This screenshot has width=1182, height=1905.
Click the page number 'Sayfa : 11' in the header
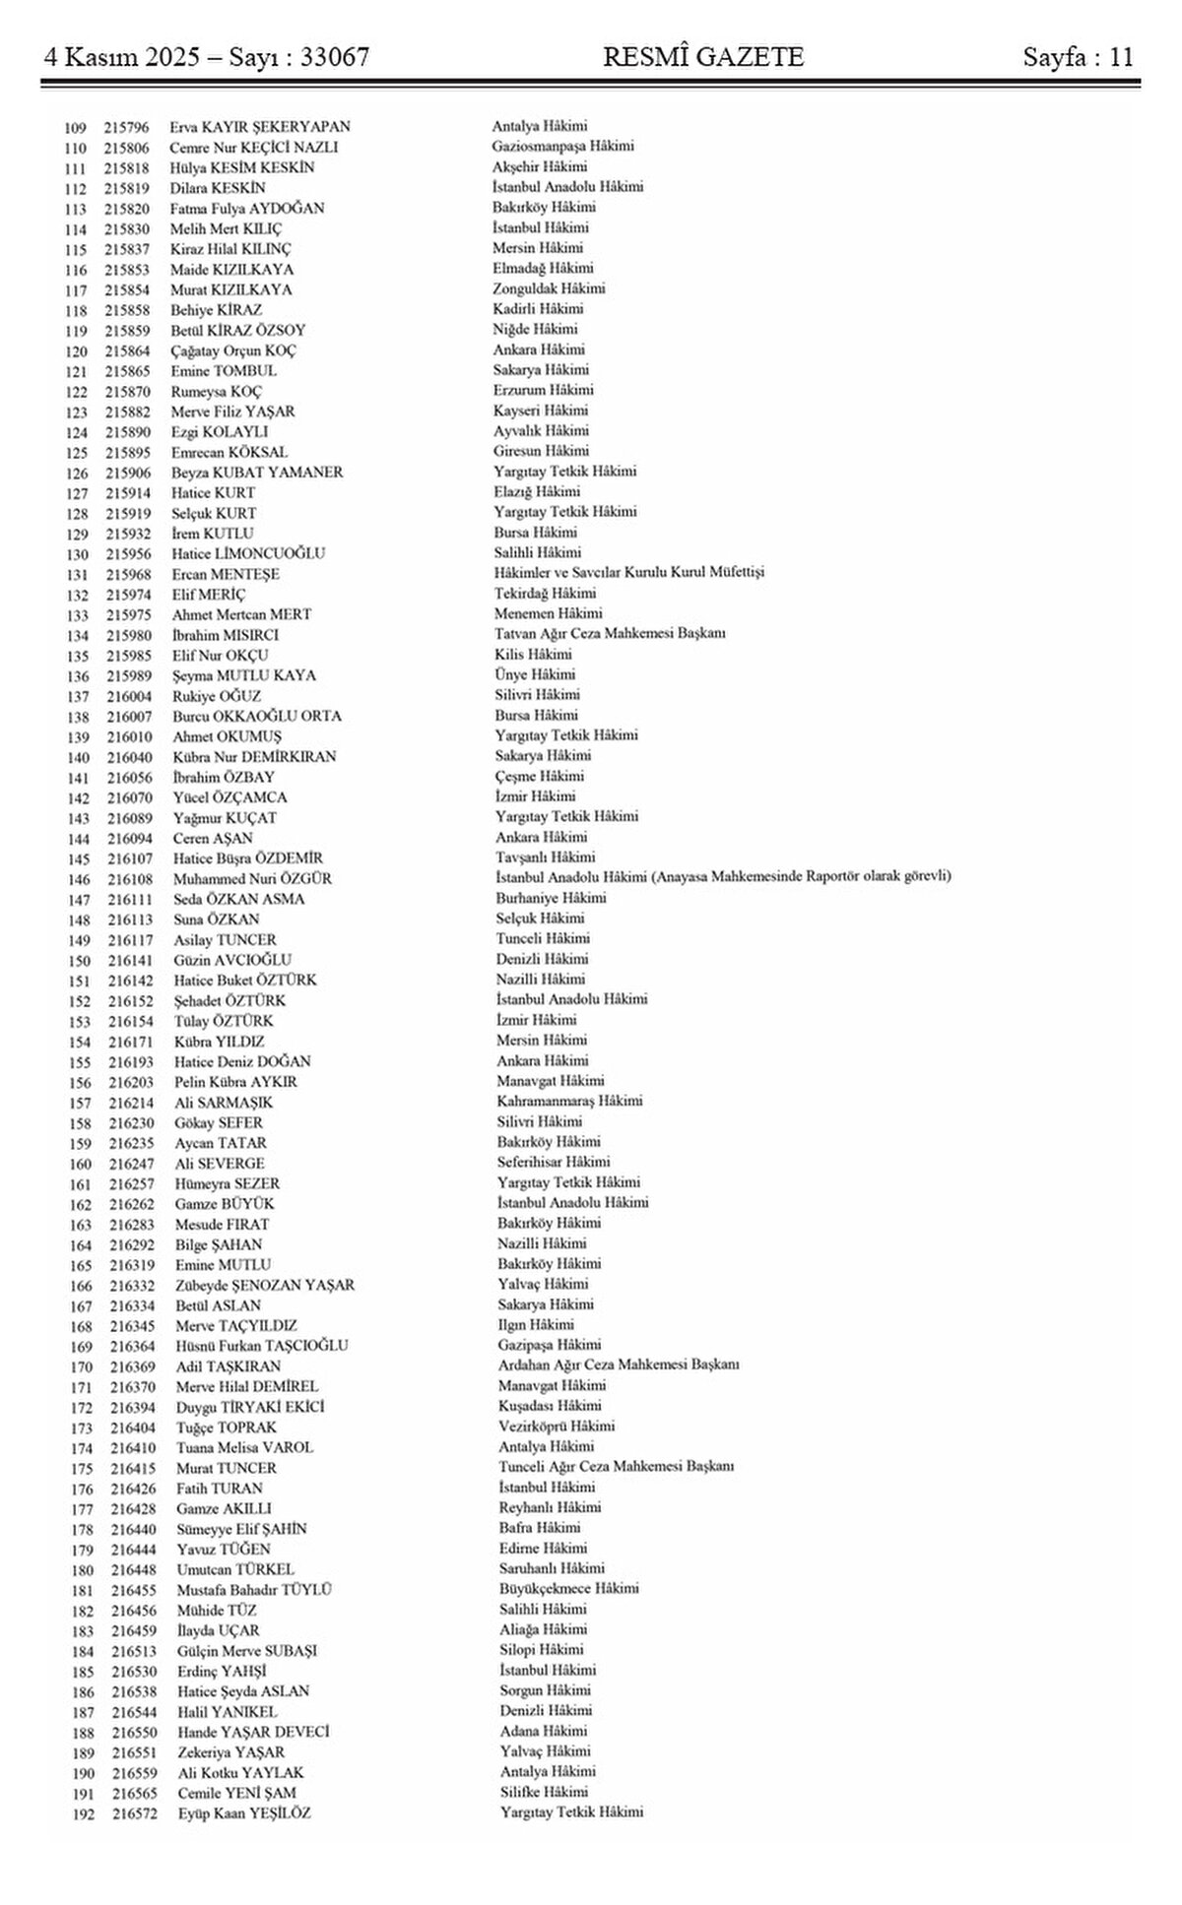click(x=1078, y=57)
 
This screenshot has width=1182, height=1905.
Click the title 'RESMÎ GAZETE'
click(x=703, y=57)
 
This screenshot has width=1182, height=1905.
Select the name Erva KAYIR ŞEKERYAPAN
click(x=260, y=127)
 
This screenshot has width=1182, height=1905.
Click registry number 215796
click(x=126, y=128)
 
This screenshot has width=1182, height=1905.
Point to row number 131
click(x=77, y=575)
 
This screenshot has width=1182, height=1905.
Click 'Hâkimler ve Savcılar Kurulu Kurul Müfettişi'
click(x=629, y=572)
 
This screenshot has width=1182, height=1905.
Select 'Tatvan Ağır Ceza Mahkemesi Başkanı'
click(x=610, y=633)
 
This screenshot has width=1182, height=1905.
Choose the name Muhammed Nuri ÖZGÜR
click(x=252, y=879)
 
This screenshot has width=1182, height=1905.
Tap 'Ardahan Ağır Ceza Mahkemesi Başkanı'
click(x=619, y=1365)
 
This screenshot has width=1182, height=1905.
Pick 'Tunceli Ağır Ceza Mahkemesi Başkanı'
click(x=617, y=1466)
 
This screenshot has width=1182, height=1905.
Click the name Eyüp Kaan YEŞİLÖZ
click(x=244, y=1813)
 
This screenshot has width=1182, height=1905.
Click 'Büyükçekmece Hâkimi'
click(x=568, y=1588)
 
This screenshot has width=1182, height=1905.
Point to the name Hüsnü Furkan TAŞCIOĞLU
click(x=262, y=1346)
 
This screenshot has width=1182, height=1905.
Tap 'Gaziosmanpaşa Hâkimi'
click(x=563, y=146)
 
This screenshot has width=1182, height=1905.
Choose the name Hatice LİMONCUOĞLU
click(x=248, y=553)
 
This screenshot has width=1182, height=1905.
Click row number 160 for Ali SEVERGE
click(x=80, y=1165)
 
